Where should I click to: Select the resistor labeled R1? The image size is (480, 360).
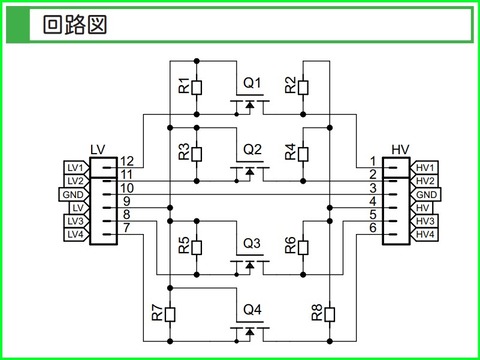[x=197, y=88]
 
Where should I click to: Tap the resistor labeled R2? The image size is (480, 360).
[x=303, y=88]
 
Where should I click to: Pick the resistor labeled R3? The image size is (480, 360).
[x=197, y=154]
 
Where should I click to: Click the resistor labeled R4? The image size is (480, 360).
[x=303, y=154]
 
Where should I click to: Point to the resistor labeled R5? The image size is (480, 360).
[x=197, y=247]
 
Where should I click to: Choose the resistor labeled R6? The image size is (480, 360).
[x=303, y=247]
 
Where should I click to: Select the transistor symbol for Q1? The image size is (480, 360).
[x=249, y=102]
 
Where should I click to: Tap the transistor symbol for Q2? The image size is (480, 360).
[x=249, y=169]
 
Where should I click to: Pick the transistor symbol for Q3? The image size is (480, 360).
[x=249, y=262]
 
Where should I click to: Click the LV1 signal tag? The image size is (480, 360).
[x=74, y=166]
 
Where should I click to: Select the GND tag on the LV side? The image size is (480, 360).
[x=72, y=193]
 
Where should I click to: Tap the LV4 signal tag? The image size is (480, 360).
[x=74, y=234]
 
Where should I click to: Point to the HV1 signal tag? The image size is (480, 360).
[x=426, y=166]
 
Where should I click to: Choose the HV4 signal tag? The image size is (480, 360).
[x=426, y=234]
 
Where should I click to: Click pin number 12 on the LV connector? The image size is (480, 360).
[x=126, y=161]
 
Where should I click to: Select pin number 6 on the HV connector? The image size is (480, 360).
[x=372, y=228]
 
